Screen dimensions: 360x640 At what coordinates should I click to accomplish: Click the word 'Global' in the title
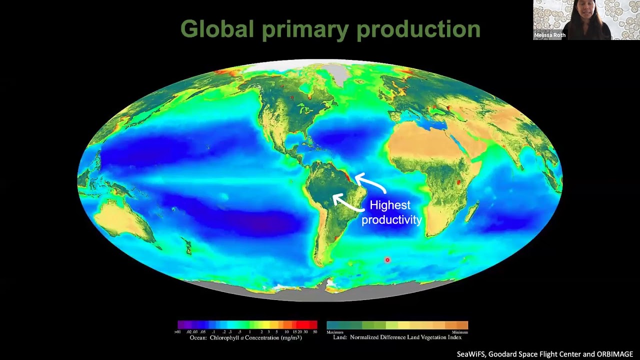tap(217, 29)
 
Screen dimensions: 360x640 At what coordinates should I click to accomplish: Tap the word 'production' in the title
tap(418, 29)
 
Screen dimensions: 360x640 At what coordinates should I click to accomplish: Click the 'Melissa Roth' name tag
tap(549, 35)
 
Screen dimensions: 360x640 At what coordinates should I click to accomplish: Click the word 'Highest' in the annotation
tap(390, 205)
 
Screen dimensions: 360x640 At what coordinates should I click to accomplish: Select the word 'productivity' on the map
tap(391, 219)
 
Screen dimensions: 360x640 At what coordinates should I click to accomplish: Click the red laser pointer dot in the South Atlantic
tap(387, 260)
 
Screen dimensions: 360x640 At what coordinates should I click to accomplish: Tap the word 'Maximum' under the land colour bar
tap(335, 332)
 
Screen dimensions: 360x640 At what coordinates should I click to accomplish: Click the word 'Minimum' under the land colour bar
tap(459, 332)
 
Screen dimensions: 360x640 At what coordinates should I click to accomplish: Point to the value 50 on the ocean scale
tap(315, 332)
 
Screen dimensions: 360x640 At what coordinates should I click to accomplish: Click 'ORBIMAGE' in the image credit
tap(614, 354)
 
